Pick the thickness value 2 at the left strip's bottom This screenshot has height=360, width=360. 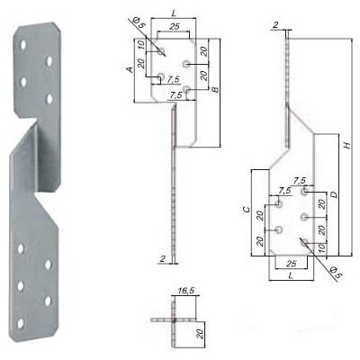159,259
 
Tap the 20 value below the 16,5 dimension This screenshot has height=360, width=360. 200,332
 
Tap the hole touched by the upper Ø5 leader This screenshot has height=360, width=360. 160,52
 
